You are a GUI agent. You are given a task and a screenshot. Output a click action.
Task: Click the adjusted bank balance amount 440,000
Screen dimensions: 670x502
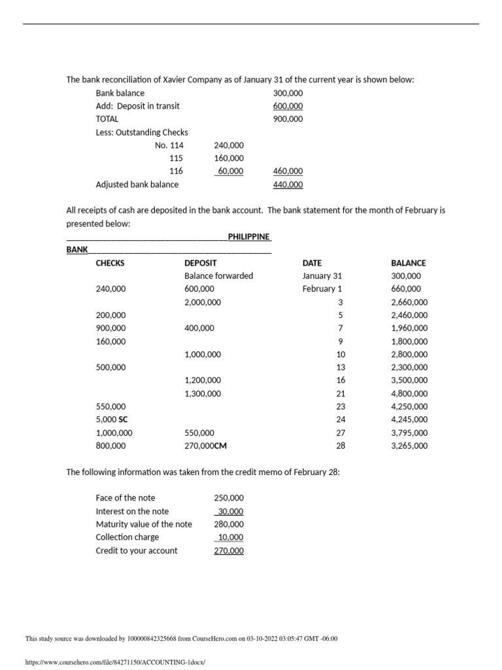point(288,185)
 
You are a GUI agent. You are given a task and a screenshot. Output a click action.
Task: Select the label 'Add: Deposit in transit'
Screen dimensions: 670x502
point(137,106)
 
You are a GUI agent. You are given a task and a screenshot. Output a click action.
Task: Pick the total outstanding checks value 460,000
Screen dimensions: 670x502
point(288,171)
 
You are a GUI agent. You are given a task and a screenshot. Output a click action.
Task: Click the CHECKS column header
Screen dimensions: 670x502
point(110,263)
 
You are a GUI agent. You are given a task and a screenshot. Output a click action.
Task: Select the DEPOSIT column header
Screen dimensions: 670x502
point(201,263)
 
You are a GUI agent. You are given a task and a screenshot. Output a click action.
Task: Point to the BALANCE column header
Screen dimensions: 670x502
point(408,263)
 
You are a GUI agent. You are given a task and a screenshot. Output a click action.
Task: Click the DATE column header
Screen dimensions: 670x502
point(312,263)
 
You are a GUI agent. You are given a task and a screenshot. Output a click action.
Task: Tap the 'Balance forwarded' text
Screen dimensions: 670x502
point(218,276)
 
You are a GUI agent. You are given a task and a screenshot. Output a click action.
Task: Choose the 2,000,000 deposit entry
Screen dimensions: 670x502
point(203,302)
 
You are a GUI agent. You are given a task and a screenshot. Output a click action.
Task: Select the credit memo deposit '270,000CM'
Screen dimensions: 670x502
point(206,446)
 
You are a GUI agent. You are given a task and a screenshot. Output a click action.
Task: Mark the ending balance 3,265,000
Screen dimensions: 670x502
point(409,446)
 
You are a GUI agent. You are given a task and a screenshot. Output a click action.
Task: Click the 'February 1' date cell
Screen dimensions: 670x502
point(322,289)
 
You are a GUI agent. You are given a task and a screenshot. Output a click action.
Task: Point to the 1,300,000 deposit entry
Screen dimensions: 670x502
point(203,393)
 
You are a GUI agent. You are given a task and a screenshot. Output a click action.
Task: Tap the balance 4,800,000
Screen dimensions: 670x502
point(409,393)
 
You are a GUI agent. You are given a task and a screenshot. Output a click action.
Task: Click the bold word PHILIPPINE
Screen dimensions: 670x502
point(249,236)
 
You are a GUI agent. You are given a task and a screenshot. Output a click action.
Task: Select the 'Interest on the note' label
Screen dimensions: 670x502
point(132,511)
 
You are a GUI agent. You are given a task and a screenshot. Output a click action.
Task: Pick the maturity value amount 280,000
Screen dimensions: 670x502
point(229,524)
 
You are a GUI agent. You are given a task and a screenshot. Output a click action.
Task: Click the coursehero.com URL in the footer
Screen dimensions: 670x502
point(114,662)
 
